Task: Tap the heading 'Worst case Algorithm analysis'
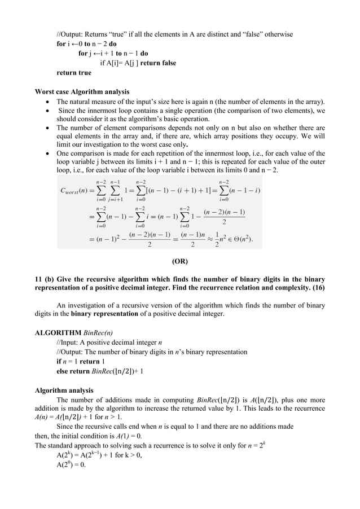tap(82, 92)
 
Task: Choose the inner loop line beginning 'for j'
tap(113, 54)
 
